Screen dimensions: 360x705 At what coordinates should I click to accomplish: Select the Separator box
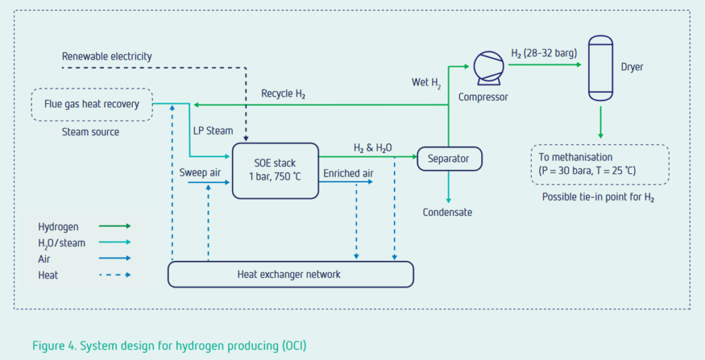(449, 159)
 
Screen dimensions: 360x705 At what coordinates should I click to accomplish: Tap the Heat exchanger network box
(291, 274)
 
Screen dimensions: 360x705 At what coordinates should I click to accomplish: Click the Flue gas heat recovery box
(92, 105)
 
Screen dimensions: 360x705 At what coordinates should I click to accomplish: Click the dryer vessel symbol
(600, 68)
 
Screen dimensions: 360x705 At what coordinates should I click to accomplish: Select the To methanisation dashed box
(600, 164)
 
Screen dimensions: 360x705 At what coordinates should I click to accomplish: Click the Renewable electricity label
(107, 56)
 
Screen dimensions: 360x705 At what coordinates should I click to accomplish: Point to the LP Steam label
(213, 131)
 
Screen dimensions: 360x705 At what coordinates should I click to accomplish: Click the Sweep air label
(200, 173)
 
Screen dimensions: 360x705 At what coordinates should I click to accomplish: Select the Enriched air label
(349, 173)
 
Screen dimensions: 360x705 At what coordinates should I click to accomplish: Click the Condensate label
(448, 212)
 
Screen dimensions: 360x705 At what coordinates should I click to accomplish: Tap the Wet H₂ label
(428, 83)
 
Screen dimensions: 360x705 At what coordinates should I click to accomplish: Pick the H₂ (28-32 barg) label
(543, 53)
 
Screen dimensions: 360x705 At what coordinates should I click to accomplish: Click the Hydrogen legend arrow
(115, 226)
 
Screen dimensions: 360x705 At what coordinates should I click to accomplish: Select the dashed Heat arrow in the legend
(115, 275)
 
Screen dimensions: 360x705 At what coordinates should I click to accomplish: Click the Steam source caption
(90, 131)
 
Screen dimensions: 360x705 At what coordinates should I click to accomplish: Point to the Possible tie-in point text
(598, 198)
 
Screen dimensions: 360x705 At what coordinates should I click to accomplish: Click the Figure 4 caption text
(174, 345)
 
